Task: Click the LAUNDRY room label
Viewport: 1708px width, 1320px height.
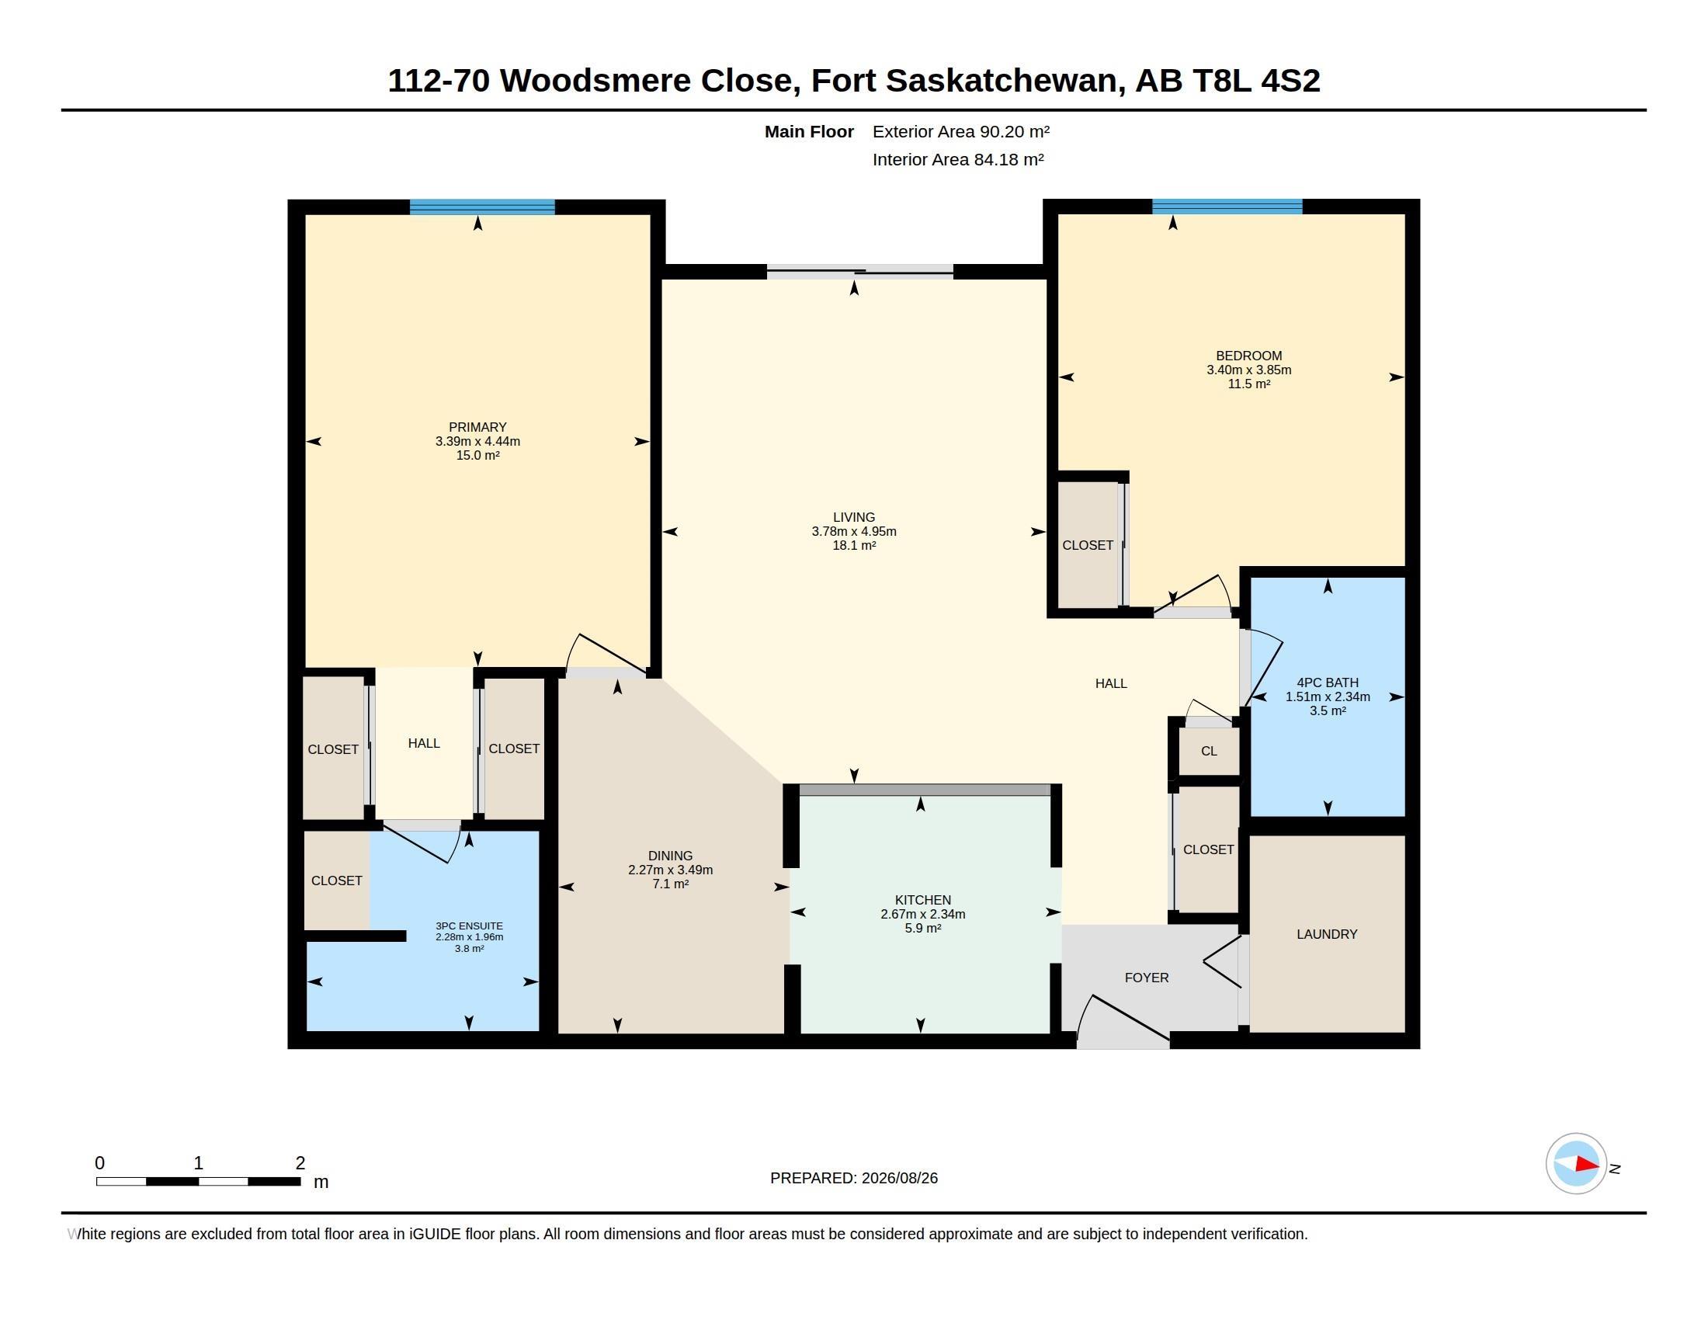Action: tap(1326, 933)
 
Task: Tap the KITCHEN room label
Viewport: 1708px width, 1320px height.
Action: tap(923, 900)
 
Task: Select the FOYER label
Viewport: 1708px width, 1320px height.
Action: tap(1147, 978)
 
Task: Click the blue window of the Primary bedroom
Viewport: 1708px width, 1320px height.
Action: tap(482, 207)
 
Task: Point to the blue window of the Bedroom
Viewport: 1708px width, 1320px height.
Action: tap(1227, 207)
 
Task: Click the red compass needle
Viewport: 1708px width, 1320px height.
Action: tap(1587, 1165)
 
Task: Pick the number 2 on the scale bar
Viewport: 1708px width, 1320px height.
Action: tap(300, 1163)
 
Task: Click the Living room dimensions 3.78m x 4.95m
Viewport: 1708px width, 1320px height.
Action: tap(854, 532)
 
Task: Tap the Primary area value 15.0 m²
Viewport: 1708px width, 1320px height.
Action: tap(477, 455)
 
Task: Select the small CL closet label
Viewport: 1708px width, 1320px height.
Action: tap(1209, 752)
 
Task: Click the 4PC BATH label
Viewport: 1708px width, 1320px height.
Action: tap(1327, 683)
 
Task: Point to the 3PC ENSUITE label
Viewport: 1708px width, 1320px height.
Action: tap(469, 926)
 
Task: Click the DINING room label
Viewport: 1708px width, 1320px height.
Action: tap(670, 856)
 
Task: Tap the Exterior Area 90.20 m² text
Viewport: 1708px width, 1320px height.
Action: tap(961, 131)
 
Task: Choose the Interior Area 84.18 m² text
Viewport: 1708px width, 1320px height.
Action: tap(958, 159)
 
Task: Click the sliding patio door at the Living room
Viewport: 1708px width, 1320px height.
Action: tap(860, 272)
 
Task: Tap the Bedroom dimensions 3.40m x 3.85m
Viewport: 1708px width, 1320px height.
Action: tap(1249, 370)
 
